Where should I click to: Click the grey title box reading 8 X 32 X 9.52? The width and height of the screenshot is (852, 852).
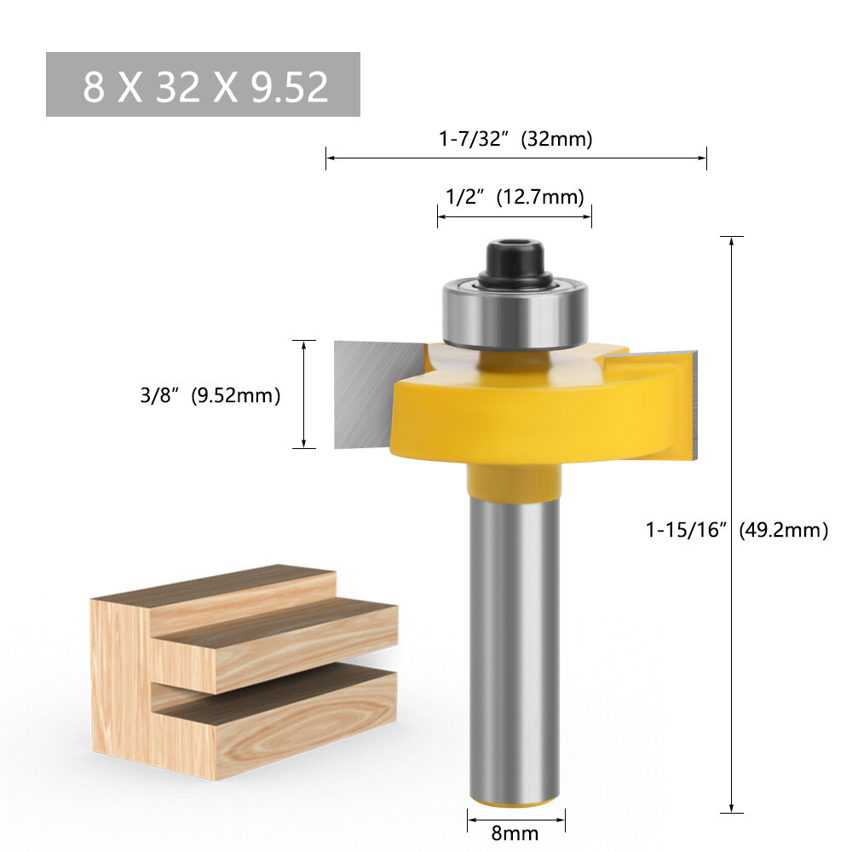pyautogui.click(x=203, y=84)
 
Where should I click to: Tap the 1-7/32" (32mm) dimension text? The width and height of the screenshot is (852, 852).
pyautogui.click(x=515, y=139)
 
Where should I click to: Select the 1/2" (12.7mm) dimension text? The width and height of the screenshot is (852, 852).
pyautogui.click(x=515, y=197)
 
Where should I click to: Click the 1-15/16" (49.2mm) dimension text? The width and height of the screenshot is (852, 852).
pyautogui.click(x=736, y=530)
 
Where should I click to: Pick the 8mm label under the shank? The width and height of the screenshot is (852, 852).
pyautogui.click(x=515, y=832)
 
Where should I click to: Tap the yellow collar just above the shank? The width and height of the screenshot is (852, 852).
pyautogui.click(x=515, y=482)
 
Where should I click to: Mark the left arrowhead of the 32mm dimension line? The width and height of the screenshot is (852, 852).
pyautogui.click(x=329, y=158)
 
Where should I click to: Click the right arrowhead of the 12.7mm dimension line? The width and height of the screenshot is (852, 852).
pyautogui.click(x=589, y=217)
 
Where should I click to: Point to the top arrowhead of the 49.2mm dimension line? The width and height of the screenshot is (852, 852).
pyautogui.click(x=732, y=239)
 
